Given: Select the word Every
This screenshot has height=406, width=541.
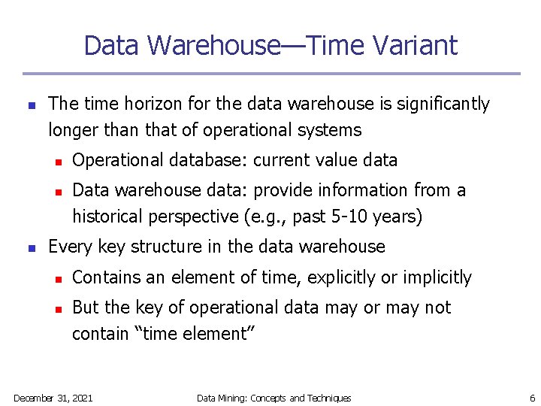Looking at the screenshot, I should (x=68, y=247).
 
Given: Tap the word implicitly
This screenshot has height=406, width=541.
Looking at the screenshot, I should (x=434, y=277).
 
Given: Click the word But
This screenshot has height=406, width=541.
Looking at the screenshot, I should (x=86, y=308).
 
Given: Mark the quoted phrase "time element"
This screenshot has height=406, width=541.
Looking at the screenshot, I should (x=195, y=334).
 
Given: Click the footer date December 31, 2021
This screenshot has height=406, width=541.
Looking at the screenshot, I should (x=53, y=398).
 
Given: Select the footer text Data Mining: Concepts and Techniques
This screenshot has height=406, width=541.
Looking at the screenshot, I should (x=274, y=398).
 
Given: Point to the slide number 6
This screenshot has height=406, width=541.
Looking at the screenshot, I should (x=532, y=398).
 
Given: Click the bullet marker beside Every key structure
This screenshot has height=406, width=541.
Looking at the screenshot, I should (x=31, y=247).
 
